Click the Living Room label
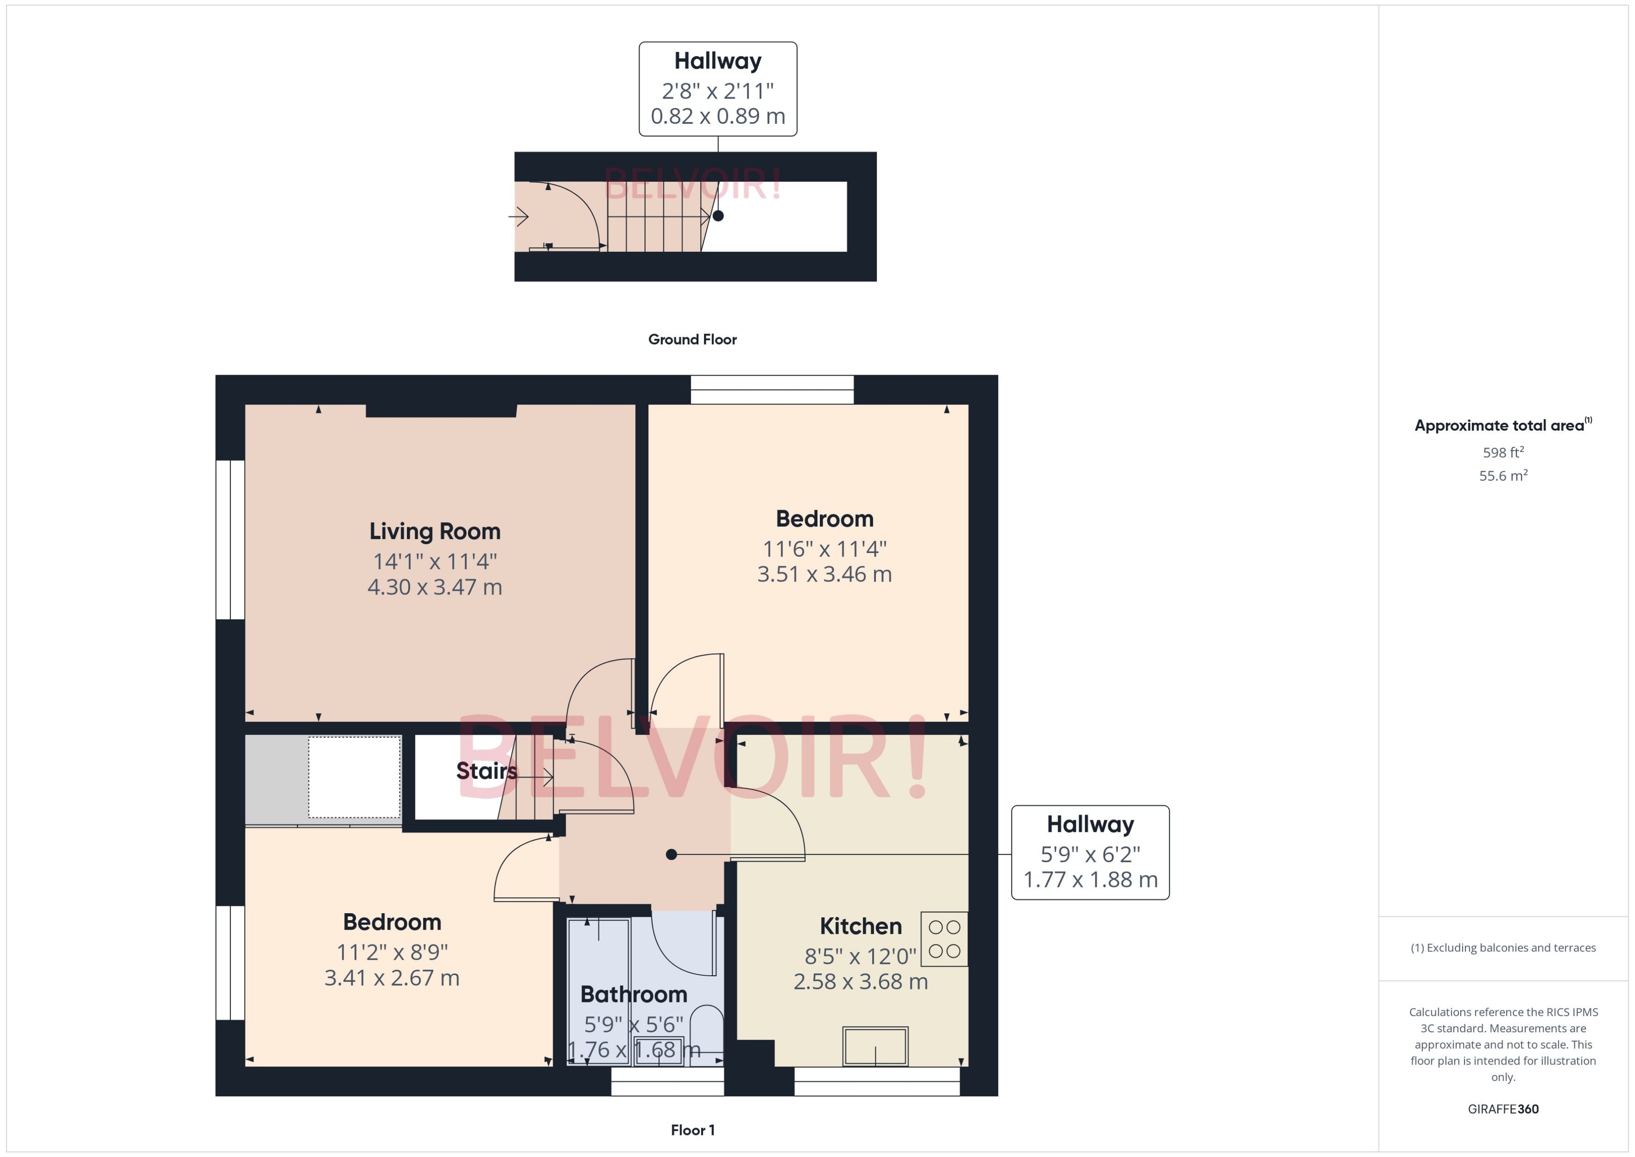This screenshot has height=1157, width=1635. (x=434, y=532)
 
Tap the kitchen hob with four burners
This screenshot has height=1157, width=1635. (x=944, y=939)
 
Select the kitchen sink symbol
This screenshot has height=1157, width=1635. (x=875, y=1046)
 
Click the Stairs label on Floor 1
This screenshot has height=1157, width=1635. (x=487, y=771)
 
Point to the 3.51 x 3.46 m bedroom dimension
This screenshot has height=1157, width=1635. (x=824, y=574)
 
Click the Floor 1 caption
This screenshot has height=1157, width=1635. (x=692, y=1130)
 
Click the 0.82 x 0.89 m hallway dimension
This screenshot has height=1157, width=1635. (x=718, y=116)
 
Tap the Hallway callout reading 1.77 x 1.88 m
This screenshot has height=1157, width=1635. (x=1090, y=853)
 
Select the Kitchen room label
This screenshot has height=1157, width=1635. (x=860, y=926)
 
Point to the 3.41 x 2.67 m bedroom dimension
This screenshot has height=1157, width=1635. (x=392, y=978)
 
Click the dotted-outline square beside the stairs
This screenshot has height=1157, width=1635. (x=354, y=777)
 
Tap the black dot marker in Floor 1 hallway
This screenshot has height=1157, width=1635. (x=671, y=854)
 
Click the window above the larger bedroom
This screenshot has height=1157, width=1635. (x=772, y=390)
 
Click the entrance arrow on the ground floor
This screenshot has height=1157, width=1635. (x=519, y=216)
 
